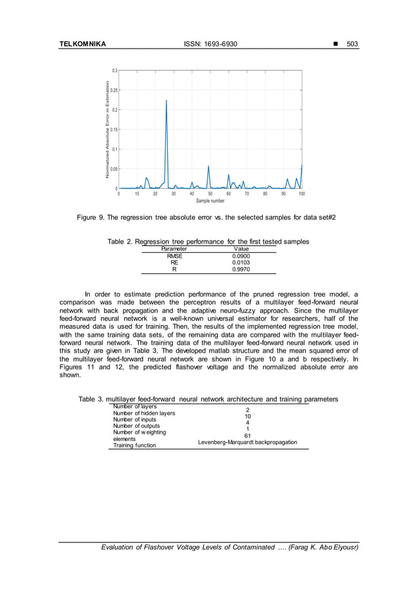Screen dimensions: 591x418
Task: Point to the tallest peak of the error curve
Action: click(x=166, y=101)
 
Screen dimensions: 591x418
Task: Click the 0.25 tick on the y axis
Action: click(x=113, y=90)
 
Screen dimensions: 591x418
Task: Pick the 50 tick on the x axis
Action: click(x=210, y=194)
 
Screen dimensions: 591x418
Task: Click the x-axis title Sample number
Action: click(x=210, y=201)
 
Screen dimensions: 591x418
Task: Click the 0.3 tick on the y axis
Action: click(x=115, y=70)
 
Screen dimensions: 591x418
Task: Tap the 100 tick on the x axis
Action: click(x=301, y=194)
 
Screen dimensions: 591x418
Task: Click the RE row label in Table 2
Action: click(x=174, y=262)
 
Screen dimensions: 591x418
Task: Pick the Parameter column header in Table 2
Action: click(x=174, y=249)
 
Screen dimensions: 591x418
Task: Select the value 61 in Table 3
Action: click(x=248, y=435)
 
